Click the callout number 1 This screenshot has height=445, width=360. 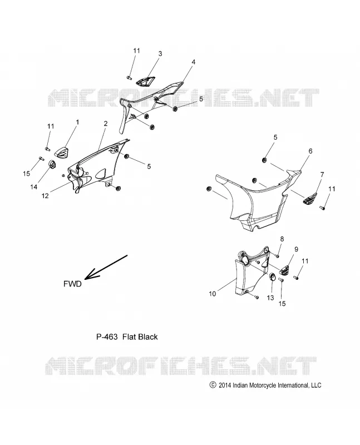click(x=77, y=122)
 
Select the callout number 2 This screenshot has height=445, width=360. click(x=106, y=123)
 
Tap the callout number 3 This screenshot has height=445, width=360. click(x=160, y=53)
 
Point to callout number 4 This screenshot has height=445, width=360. click(x=193, y=62)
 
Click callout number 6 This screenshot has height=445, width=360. click(x=310, y=151)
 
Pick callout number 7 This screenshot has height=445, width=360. click(x=322, y=175)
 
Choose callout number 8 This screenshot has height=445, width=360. click(x=282, y=239)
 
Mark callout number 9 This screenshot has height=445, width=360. click(x=296, y=249)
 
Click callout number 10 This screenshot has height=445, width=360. click(x=213, y=294)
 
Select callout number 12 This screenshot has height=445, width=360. click(x=45, y=196)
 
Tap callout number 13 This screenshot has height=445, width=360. click(x=270, y=298)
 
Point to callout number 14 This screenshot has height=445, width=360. click(x=34, y=187)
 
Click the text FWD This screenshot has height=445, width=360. click(x=72, y=284)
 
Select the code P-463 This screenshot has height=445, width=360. click(x=107, y=337)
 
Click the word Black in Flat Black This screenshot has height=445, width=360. click(x=147, y=337)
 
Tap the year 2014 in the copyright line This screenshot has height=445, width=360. click(x=225, y=385)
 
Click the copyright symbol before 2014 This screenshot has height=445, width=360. click(x=213, y=385)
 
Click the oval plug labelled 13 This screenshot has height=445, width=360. click(x=272, y=276)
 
